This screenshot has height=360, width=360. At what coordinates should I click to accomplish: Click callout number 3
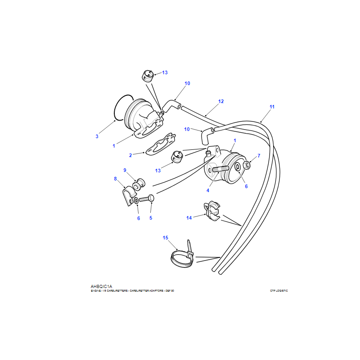[97, 136]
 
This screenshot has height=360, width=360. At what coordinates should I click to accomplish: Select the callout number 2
[130, 155]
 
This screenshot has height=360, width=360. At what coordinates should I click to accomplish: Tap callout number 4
[208, 190]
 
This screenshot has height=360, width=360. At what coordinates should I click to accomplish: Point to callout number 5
[151, 218]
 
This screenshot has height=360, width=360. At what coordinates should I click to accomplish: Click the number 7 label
[259, 156]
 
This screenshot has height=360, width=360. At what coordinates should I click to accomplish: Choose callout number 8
[115, 179]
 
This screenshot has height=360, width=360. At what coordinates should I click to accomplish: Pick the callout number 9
[125, 170]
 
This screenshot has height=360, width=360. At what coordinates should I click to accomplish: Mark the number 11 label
[272, 107]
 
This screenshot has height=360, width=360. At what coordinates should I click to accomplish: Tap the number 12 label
[221, 101]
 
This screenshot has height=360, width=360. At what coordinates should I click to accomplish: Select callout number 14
[189, 218]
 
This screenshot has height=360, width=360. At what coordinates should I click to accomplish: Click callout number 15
[165, 237]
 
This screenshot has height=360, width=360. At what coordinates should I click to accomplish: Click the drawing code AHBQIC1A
[101, 286]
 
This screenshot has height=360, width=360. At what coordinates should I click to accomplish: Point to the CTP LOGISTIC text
[279, 291]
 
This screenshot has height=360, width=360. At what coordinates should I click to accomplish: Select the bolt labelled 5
[147, 198]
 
